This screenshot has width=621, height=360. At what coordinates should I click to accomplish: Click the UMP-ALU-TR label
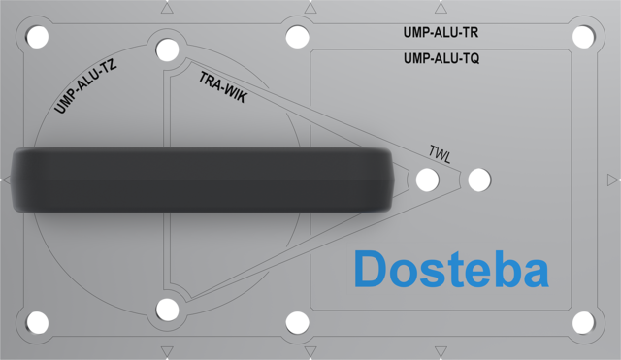coord(441,32)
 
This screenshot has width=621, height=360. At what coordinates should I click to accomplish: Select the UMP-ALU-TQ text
coord(441,58)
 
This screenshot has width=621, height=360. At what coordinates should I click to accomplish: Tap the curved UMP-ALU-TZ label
coord(85,86)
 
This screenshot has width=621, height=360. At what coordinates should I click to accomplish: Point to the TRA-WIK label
coord(223,87)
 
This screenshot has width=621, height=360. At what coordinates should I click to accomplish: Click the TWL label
coord(440,154)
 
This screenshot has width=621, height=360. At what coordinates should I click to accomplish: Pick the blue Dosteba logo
coord(451,269)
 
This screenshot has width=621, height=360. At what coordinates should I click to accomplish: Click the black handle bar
coord(203,180)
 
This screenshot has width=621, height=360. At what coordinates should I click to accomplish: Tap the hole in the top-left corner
coord(38,37)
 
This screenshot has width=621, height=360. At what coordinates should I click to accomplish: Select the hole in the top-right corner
coord(583,37)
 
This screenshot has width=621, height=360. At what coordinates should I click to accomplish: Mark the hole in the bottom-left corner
coord(38,323)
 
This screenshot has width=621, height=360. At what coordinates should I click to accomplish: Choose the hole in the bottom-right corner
coord(583,323)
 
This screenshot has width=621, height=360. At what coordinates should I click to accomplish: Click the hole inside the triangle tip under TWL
coord(427,180)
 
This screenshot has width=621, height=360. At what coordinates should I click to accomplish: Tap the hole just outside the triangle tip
coord(479,180)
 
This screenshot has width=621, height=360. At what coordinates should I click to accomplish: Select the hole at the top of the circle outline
coord(168,49)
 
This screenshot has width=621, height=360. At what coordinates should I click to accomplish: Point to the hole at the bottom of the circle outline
coord(168,310)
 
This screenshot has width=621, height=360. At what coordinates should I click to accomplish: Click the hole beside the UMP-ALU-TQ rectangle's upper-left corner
coord(298,37)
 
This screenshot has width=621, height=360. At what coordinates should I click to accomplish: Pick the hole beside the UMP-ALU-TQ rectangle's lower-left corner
coord(298,323)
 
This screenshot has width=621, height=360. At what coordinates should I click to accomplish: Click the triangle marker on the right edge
coord(612,180)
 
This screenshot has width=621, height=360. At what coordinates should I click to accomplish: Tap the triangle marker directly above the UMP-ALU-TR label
coord(441,8)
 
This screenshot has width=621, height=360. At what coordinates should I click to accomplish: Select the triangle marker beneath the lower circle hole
coord(167,351)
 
